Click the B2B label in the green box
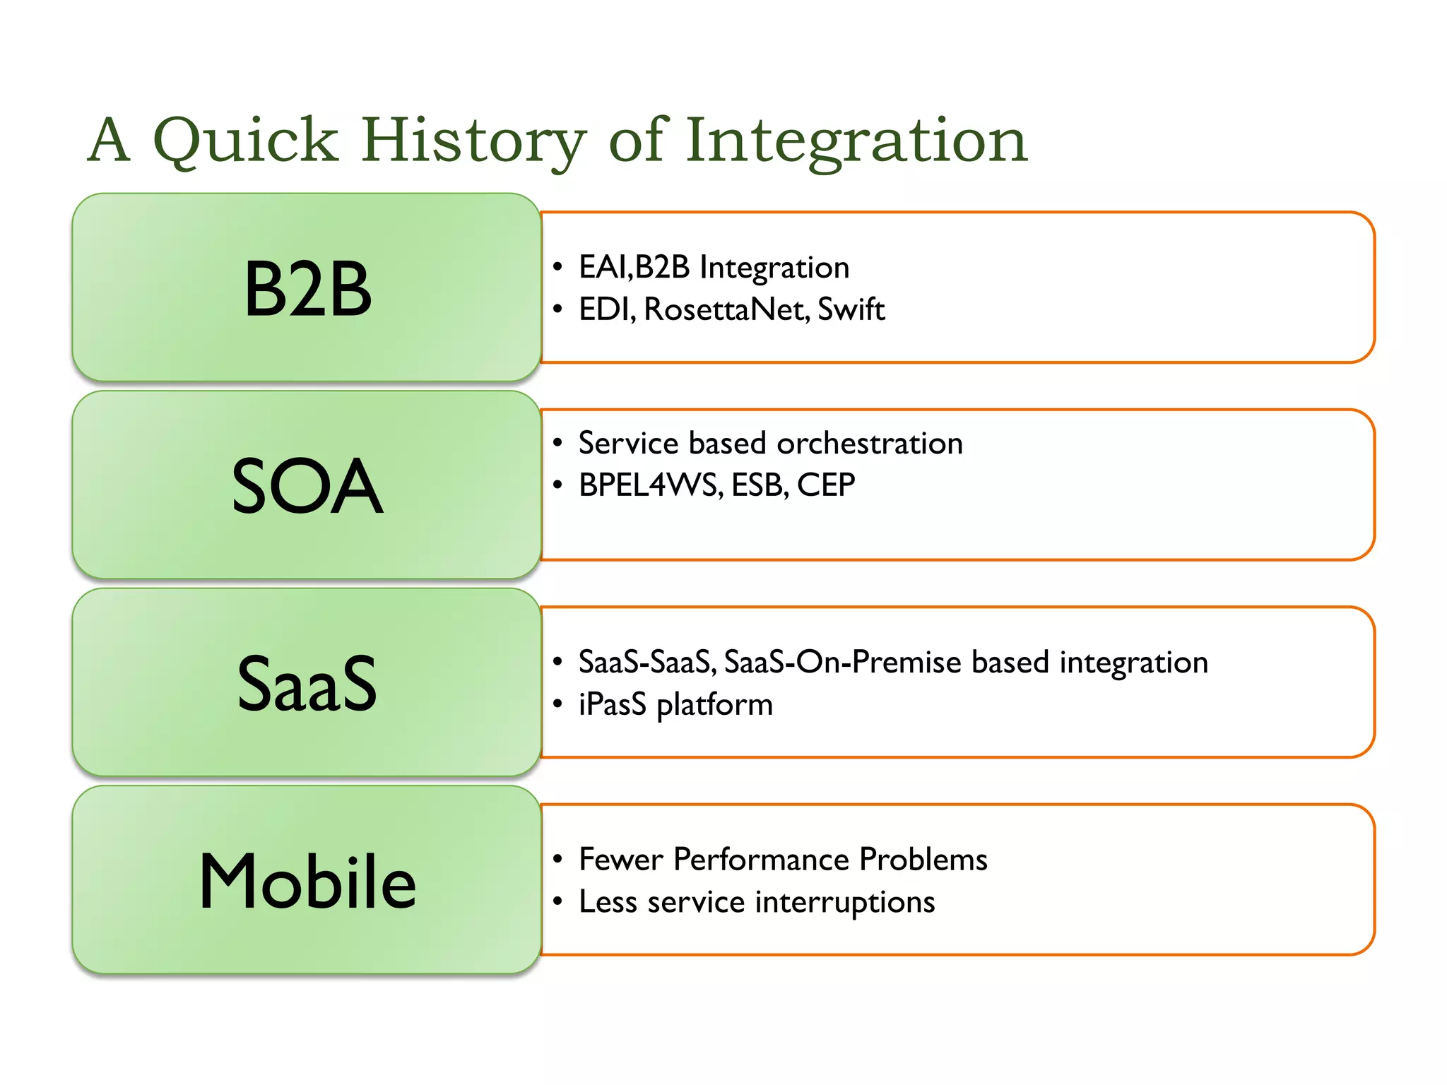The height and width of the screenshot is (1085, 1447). click(x=307, y=288)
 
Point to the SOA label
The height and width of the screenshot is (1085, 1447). click(x=307, y=486)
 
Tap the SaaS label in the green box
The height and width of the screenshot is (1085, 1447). click(x=307, y=683)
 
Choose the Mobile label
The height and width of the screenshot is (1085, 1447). click(x=307, y=881)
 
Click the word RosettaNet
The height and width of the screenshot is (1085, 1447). click(x=726, y=309)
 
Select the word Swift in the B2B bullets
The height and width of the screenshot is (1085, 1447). click(x=851, y=309)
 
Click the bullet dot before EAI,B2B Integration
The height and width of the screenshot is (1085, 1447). click(x=557, y=267)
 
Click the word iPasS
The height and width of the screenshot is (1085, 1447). click(x=612, y=705)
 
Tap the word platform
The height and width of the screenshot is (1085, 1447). click(x=714, y=705)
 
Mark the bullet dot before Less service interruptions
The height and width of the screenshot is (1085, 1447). click(x=557, y=902)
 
